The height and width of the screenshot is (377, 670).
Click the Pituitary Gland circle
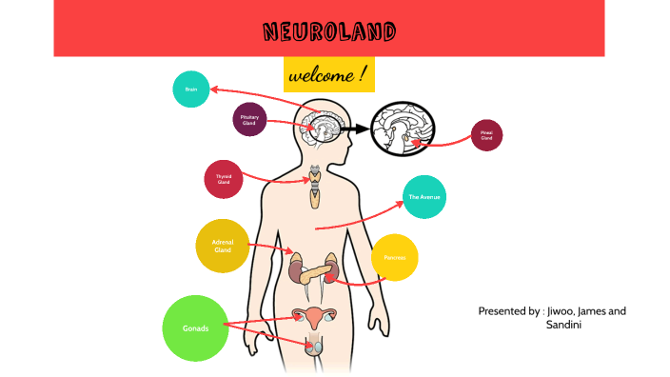[x=249, y=119]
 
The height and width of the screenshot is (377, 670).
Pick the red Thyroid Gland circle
[x=224, y=178]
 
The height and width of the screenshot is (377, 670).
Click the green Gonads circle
[x=196, y=328]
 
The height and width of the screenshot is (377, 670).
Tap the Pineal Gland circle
[x=486, y=135]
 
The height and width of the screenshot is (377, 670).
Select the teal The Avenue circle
[x=424, y=197]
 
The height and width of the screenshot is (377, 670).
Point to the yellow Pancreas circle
[x=394, y=257]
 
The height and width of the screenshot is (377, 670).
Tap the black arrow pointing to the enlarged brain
[x=354, y=129]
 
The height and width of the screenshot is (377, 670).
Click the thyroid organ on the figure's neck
[x=314, y=187]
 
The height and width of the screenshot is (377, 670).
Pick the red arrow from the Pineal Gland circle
[x=447, y=142]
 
